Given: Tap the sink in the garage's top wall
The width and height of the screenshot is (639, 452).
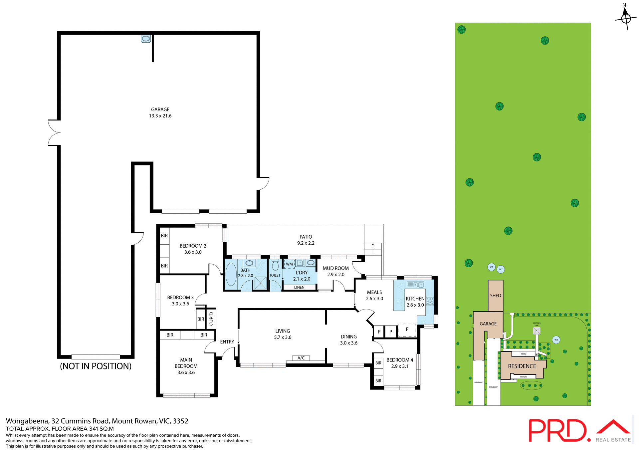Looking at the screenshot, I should coord(146,39).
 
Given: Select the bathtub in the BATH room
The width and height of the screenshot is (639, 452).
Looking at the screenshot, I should coord(231,275).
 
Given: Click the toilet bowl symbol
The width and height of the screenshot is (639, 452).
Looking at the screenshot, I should coord(275,265).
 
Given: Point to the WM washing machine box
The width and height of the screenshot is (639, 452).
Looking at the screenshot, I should coord(289,264).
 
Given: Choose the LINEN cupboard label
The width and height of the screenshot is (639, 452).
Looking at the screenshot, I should coord(299,287).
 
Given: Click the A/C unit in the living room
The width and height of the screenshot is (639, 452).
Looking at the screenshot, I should coord(301,358).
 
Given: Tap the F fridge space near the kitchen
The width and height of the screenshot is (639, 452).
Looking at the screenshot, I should coord(407,330).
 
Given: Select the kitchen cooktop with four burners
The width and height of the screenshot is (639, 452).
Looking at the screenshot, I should coord(430,301).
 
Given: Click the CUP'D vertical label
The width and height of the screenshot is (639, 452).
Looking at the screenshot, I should coord(211,319).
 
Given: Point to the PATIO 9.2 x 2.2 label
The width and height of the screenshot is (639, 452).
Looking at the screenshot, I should coord(306,240).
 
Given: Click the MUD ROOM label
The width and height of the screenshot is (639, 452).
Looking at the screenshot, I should coord(335,268).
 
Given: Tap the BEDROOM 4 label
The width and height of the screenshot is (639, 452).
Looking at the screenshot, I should coord(399,360).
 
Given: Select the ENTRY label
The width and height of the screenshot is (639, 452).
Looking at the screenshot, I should coord(227,342).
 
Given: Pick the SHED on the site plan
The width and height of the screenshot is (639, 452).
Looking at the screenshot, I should coord(495,296).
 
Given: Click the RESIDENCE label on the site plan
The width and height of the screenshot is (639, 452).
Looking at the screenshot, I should coord(522,366).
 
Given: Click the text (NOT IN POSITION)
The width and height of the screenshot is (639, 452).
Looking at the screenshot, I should coord(96,366).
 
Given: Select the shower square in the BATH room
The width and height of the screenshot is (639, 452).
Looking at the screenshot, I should coord(260,283).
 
